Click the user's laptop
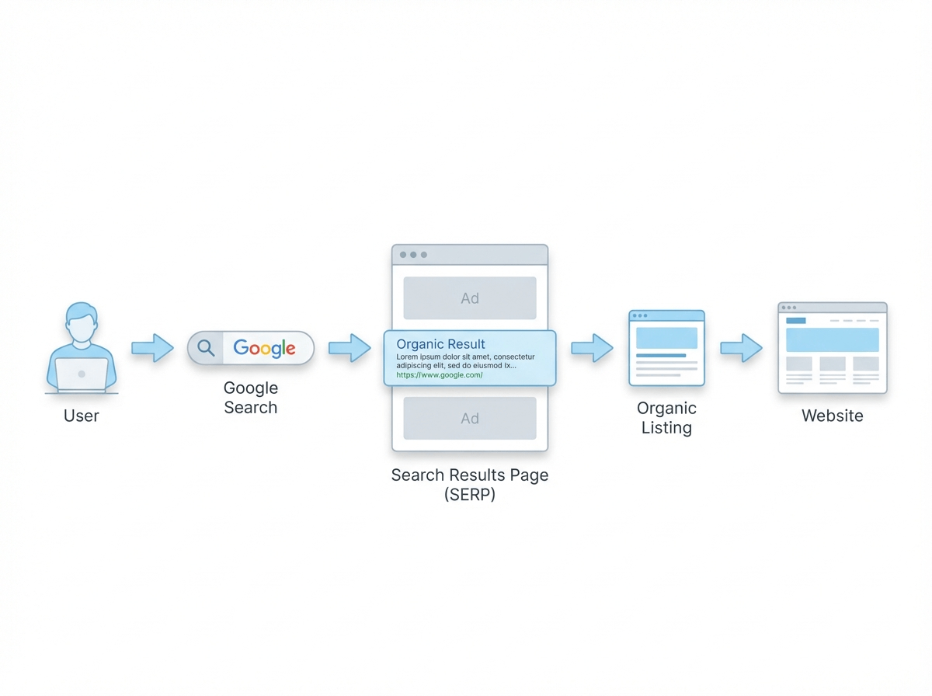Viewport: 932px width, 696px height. point(82,374)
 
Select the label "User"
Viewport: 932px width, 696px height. point(82,416)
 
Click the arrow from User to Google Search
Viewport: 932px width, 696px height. point(152,348)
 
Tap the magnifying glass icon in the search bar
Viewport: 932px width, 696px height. point(206,348)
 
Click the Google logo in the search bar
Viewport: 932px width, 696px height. point(265,348)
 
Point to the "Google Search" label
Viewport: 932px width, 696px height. point(250,397)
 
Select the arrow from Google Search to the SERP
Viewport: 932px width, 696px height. point(349,348)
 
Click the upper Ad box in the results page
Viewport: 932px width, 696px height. point(469,298)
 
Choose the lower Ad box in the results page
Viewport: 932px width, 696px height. point(469,419)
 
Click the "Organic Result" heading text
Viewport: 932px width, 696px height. point(440,343)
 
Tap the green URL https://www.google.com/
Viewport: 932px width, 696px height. point(439,374)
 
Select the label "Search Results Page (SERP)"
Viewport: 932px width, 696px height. point(470,485)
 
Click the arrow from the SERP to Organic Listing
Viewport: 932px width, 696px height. point(593,348)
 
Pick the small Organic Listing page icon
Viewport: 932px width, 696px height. point(666,347)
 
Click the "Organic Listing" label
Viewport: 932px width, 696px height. point(666,417)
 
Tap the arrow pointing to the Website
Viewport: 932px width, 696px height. point(741,348)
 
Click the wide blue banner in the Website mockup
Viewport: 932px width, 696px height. point(832,339)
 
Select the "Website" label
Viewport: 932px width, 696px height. point(832,416)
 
